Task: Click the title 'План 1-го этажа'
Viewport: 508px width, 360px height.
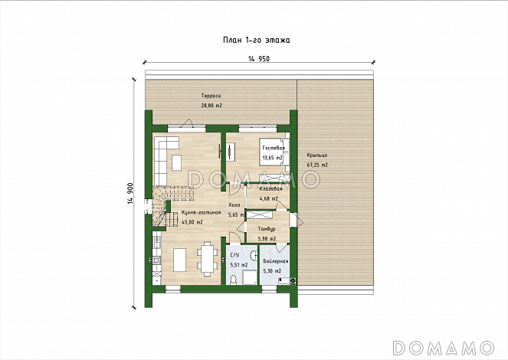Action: click(256, 40)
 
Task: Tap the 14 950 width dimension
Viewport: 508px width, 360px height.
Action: click(259, 59)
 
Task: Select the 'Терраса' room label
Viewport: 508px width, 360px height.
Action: click(211, 96)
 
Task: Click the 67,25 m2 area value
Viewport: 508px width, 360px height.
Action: click(317, 165)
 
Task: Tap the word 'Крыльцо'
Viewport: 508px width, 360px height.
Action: click(317, 155)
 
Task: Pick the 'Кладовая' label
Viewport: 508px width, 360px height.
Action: click(270, 189)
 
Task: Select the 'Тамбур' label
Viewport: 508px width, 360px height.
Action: click(267, 229)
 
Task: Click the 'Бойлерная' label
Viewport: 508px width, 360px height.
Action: click(276, 261)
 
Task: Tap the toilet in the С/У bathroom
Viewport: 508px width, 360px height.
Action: click(233, 280)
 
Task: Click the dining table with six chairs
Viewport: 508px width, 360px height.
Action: click(208, 259)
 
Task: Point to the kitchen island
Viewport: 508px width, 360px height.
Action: click(179, 260)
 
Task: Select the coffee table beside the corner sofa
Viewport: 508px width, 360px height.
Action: click(176, 163)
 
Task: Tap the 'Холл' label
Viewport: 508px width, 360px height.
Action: click(234, 205)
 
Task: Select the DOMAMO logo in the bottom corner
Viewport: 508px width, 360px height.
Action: click(443, 348)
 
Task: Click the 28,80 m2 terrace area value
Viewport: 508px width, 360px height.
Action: click(211, 106)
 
